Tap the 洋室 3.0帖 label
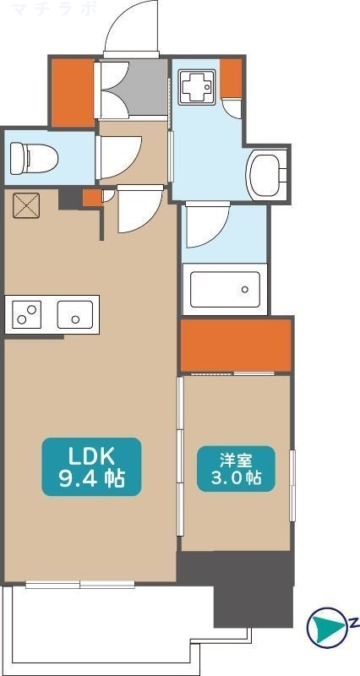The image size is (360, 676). [x=236, y=467]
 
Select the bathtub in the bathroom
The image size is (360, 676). [x=225, y=287]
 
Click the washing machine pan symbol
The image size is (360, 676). [x=196, y=85]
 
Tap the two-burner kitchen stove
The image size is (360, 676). [x=27, y=315]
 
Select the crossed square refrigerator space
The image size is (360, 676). [x=26, y=204]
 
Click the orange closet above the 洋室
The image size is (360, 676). [x=236, y=346]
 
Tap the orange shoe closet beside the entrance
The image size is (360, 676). [x=73, y=92]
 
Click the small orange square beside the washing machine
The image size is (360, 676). [x=232, y=78]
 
